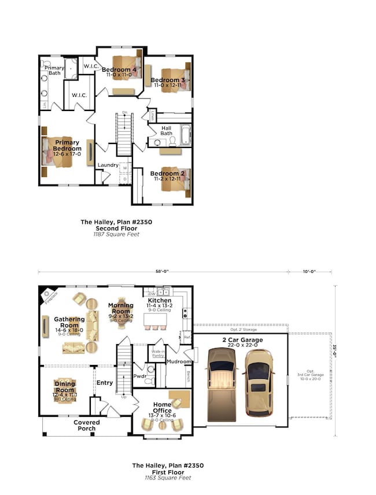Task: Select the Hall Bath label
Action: point(166,131)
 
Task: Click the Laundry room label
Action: point(108,165)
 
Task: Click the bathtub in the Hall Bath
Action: point(186,135)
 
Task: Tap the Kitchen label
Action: point(159,301)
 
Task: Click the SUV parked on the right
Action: point(257,382)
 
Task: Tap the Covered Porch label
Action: point(87,426)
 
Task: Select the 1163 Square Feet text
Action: point(167,478)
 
